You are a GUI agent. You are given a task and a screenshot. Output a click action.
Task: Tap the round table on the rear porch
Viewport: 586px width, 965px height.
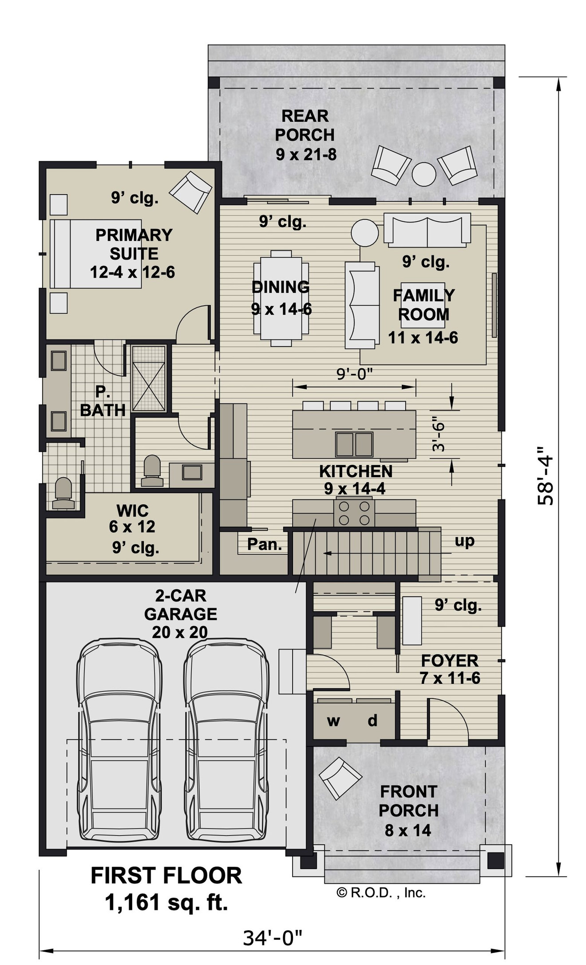point(424,174)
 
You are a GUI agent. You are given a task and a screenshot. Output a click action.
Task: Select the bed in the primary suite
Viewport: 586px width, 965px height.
point(95,254)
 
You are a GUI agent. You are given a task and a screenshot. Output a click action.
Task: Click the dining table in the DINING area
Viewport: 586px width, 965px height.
point(281,298)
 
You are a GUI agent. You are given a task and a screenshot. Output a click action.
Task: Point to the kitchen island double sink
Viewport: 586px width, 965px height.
point(354,444)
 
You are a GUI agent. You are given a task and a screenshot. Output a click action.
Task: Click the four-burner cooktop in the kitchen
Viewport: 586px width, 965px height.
point(354,513)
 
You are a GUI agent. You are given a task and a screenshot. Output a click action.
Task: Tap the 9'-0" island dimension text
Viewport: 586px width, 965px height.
point(354,375)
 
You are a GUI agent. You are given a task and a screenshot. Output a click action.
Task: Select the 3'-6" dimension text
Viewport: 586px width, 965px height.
point(438,434)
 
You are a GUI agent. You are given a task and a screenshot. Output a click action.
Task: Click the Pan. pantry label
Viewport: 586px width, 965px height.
point(265,544)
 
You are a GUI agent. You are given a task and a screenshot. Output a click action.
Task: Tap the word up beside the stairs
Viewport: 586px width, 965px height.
point(464,541)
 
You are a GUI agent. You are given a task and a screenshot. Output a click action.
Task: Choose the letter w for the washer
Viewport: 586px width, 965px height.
point(333,721)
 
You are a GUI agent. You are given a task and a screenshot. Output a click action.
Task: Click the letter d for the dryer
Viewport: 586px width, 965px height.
point(372,720)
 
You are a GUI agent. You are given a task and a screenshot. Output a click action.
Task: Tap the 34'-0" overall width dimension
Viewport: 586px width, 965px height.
point(272,938)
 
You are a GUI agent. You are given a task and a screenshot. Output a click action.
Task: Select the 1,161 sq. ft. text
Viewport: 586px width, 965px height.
point(166,902)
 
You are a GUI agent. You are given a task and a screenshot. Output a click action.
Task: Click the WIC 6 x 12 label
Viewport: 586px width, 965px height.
point(132,519)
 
